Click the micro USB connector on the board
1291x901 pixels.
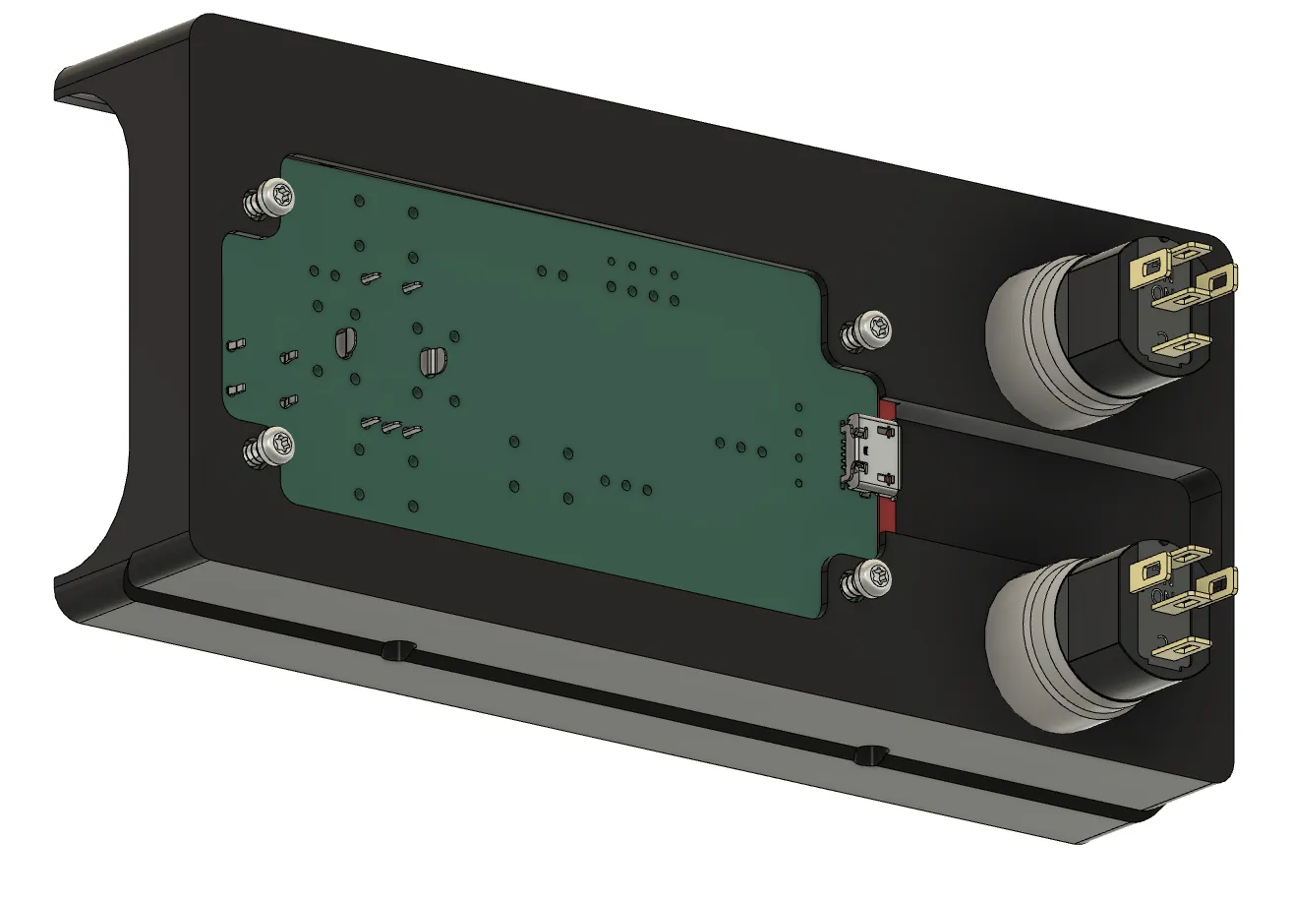coord(869,453)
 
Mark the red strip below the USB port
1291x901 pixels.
coord(888,514)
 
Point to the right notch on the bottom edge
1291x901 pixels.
coord(870,755)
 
